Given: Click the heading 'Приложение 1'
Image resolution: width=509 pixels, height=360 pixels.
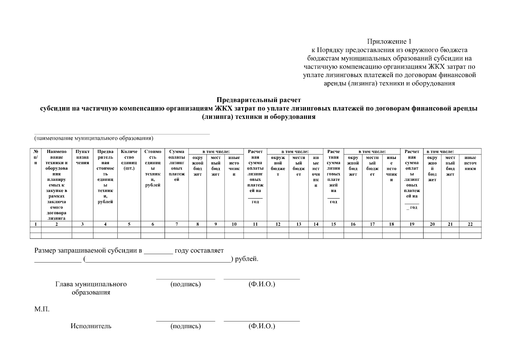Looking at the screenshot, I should (x=391, y=41).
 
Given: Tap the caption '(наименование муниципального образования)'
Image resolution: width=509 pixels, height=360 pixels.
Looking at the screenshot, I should (x=94, y=138).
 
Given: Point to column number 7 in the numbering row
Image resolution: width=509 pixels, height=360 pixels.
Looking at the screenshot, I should (x=177, y=224).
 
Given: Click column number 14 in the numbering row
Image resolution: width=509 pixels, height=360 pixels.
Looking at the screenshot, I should (x=316, y=224).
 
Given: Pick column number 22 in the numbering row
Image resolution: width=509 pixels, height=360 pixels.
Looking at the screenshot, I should (x=470, y=224).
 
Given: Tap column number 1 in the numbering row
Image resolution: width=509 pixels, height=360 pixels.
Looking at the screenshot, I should (x=36, y=224).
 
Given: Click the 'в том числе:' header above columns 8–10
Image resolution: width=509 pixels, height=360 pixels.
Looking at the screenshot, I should (x=216, y=152).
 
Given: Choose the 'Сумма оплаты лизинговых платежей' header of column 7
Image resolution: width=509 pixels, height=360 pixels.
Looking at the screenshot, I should (x=177, y=166).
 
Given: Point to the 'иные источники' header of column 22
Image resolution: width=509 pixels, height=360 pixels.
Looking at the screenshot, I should (x=470, y=163).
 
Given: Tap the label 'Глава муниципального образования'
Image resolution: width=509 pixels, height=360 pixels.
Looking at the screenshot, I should (x=91, y=288).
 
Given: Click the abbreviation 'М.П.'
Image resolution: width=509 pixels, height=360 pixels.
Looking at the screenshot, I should (x=42, y=309).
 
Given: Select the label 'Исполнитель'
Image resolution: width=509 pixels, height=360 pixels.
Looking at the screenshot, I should (x=91, y=326).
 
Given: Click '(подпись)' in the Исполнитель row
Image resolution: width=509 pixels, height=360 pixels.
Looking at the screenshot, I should (x=186, y=326).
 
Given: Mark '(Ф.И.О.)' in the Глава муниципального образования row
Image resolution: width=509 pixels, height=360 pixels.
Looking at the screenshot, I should (x=262, y=284).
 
